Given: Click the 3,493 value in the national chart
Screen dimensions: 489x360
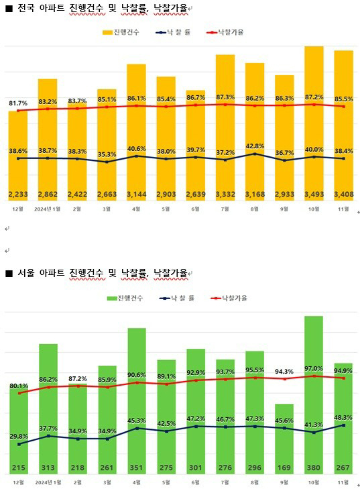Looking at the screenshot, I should pos(314,195).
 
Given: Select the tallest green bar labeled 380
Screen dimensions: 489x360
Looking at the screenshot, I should pos(314,389).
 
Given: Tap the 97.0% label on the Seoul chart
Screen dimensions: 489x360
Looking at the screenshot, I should pos(314,368).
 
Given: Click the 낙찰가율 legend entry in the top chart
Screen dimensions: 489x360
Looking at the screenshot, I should pos(226,32).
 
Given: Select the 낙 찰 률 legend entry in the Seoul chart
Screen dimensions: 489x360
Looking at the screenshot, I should pos(176,298).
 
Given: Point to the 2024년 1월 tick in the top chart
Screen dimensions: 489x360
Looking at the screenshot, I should pos(48,209).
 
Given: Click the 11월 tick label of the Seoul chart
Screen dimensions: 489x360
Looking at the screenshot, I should pos(343,481).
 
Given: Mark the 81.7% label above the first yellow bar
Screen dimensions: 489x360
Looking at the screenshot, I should pos(18,104).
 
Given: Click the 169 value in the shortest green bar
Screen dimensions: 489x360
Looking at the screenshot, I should pos(284,467).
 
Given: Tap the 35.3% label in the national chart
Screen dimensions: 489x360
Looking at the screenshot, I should pos(107,154).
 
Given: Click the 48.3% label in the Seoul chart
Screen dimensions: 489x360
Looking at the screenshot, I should pos(343,417).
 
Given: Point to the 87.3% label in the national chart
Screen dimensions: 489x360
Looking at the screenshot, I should pos(225,97).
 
